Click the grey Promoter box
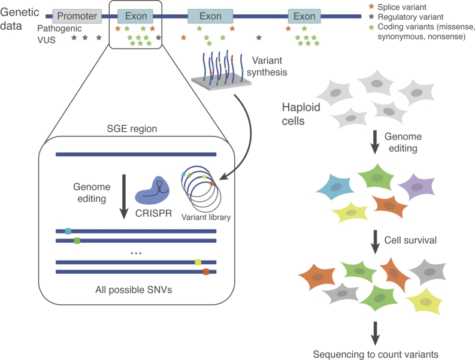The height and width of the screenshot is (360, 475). pyautogui.click(x=77, y=16)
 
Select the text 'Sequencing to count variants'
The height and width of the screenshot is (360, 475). pyautogui.click(x=375, y=353)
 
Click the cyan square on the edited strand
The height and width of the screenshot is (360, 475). pyautogui.click(x=68, y=231)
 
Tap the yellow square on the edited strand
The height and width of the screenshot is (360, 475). pyautogui.click(x=198, y=262)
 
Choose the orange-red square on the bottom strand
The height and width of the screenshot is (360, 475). pyautogui.click(x=205, y=272)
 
